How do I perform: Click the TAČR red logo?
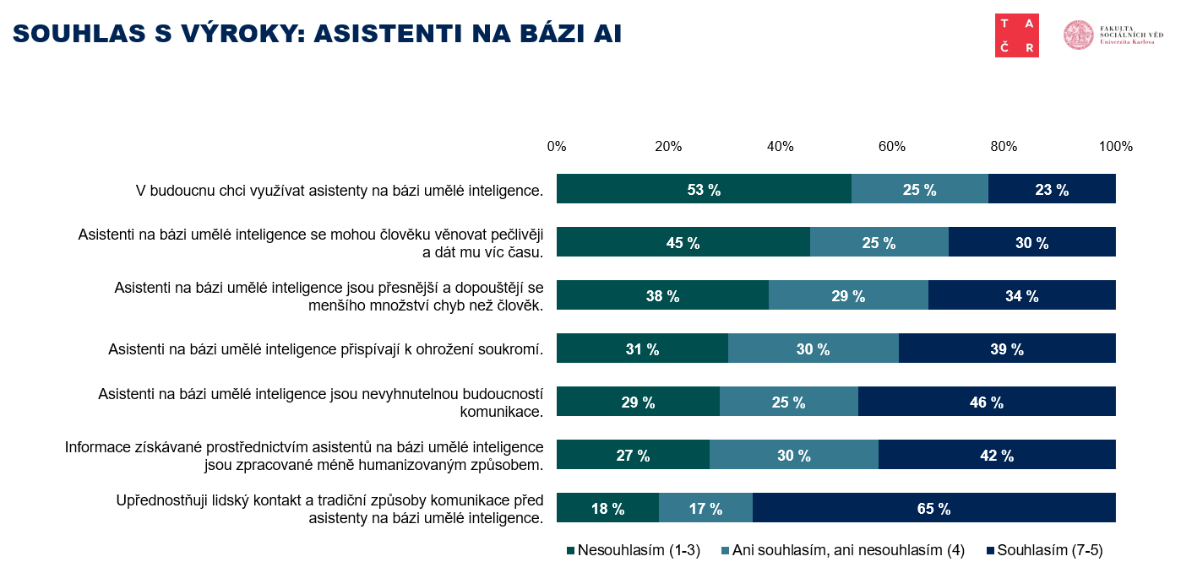click(x=1017, y=35)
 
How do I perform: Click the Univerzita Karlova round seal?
click(x=1079, y=35)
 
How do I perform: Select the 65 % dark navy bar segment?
click(x=933, y=508)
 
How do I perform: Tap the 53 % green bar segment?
click(x=704, y=189)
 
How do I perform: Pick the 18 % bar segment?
click(x=607, y=508)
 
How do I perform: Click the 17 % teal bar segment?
click(x=705, y=508)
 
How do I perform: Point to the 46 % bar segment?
click(x=986, y=402)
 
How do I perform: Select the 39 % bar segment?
click(x=1006, y=348)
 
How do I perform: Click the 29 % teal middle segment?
click(x=848, y=295)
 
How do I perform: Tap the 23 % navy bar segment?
click(x=1052, y=189)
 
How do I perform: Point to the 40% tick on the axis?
click(x=780, y=146)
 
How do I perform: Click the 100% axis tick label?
click(x=1115, y=146)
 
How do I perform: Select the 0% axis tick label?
click(x=557, y=146)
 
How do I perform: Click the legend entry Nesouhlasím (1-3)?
click(x=634, y=550)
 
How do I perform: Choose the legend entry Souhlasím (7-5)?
click(x=1045, y=550)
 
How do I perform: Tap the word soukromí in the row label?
click(x=510, y=348)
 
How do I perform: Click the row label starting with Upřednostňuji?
click(x=329, y=509)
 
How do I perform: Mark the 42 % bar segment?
click(x=997, y=455)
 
